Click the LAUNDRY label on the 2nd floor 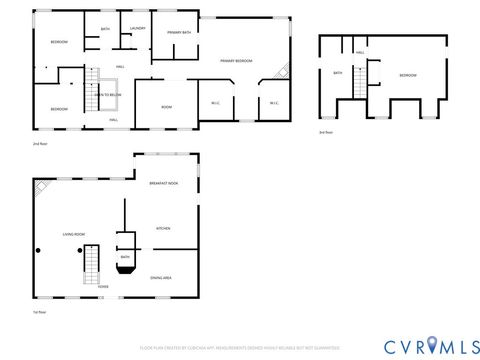click(137, 29)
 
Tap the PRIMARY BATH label click(180, 33)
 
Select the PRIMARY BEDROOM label click(236, 61)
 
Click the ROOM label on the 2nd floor click(167, 107)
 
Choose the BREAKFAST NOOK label click(163, 184)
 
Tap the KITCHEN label click(163, 228)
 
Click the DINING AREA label click(161, 277)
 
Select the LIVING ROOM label click(73, 234)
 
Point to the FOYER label click(103, 286)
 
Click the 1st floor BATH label click(125, 257)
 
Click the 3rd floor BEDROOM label click(408, 75)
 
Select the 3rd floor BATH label click(338, 72)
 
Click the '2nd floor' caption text click(40, 144)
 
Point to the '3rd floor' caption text click(326, 132)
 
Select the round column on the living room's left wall click(39, 250)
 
